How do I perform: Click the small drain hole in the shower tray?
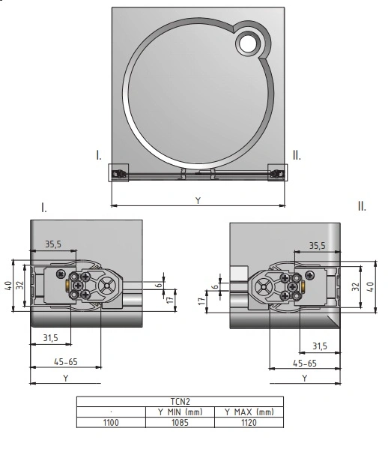[248, 43]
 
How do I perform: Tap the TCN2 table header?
[180, 402]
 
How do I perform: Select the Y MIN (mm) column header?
[180, 412]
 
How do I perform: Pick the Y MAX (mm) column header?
[249, 412]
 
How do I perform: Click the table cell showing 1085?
[180, 423]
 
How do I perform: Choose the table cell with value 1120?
[249, 423]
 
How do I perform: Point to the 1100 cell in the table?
[111, 423]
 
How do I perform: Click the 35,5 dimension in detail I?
[53, 244]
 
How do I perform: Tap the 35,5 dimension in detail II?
[317, 246]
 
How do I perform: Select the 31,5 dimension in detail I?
[51, 338]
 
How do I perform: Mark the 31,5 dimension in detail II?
[320, 346]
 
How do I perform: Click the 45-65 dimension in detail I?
[66, 362]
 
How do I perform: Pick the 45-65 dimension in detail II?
[305, 364]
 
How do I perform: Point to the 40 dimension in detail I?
[8, 286]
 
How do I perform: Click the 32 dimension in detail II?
[356, 286]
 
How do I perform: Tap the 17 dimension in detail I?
[170, 299]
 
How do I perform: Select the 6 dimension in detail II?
[215, 286]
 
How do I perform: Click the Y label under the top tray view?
[198, 200]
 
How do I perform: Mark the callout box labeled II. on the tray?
[277, 172]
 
